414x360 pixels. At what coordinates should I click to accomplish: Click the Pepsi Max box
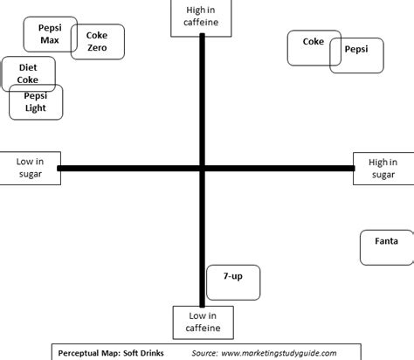click(50, 34)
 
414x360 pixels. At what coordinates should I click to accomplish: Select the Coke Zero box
click(97, 41)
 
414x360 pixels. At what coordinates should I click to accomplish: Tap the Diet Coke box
click(28, 73)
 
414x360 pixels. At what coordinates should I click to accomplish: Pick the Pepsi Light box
click(36, 102)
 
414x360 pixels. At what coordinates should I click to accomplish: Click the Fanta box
click(386, 247)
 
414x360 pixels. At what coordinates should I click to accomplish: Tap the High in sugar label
click(383, 169)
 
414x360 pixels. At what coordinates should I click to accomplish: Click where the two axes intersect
click(203, 169)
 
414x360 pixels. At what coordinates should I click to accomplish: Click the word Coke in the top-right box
click(313, 41)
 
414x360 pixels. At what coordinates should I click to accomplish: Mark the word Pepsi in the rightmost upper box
click(356, 50)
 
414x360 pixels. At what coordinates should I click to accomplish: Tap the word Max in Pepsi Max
click(50, 40)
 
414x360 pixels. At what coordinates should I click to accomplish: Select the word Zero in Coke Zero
click(97, 47)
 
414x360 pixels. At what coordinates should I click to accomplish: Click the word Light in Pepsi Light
click(36, 108)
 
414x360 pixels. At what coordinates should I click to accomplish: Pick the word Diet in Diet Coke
click(28, 67)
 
